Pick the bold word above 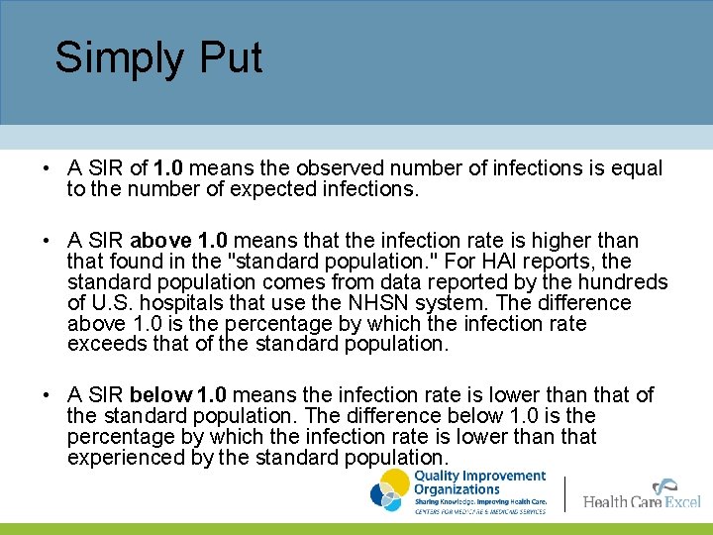161,241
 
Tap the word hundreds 624,282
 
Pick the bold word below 161,395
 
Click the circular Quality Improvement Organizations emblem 389,490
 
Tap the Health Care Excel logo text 641,501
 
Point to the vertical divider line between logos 564,493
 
